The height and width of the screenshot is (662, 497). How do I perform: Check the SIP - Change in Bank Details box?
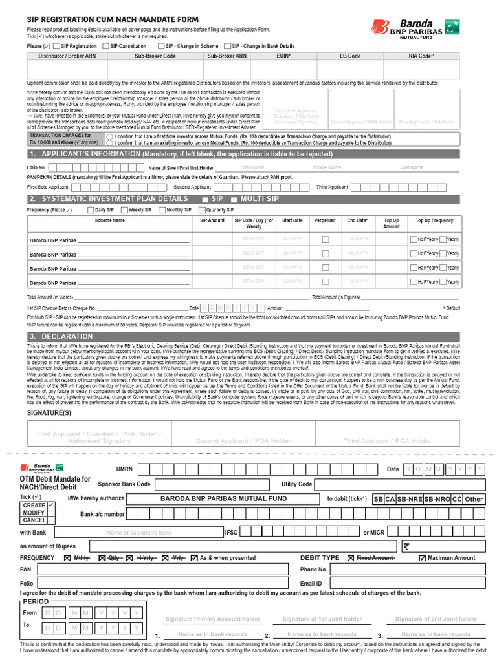(x=227, y=47)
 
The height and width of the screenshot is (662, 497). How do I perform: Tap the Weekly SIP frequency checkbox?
(x=124, y=210)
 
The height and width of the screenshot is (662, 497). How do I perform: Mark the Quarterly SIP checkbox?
(x=202, y=210)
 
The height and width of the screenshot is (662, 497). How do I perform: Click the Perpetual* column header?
(x=326, y=220)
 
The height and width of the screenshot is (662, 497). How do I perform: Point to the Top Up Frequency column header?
(x=434, y=220)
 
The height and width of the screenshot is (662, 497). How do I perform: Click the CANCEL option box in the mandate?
(x=34, y=520)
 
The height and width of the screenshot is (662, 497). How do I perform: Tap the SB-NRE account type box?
(x=409, y=499)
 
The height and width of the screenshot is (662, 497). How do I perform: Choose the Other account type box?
(x=474, y=499)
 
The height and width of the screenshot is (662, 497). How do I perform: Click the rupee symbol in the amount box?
(x=406, y=546)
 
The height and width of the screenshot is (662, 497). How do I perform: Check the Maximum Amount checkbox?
(x=423, y=558)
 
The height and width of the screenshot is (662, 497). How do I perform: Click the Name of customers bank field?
(x=138, y=533)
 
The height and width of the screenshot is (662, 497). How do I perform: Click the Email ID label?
(x=311, y=584)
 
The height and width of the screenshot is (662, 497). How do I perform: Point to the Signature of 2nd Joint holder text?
(x=436, y=619)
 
